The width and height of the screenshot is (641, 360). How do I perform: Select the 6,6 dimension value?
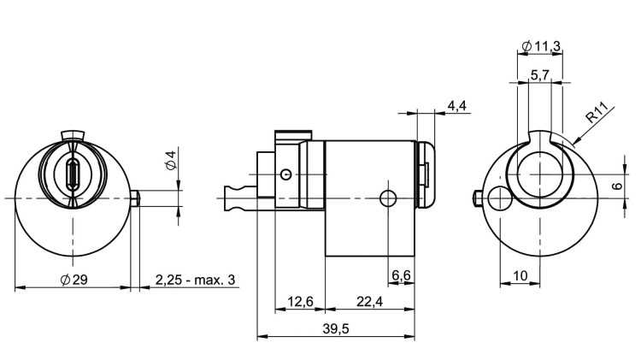point(401,274)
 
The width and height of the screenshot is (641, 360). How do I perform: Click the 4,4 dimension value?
point(456,105)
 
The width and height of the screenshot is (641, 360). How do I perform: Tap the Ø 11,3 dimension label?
point(540,46)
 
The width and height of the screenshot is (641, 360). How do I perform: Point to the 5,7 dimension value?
point(540,76)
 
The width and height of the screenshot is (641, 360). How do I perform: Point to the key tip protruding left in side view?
point(231,198)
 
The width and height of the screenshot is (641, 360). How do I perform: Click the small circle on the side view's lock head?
point(285,174)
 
